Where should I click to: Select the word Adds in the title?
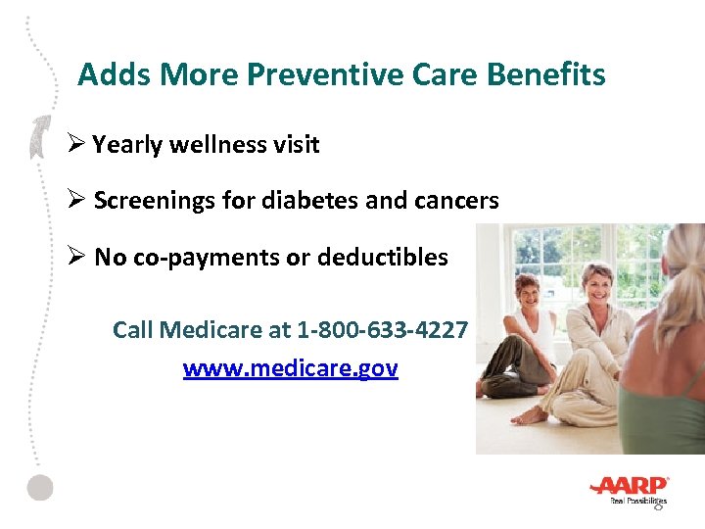click(110, 74)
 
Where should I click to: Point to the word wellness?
click(214, 145)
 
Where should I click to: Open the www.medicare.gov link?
click(290, 368)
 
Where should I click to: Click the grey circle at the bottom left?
click(39, 487)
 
